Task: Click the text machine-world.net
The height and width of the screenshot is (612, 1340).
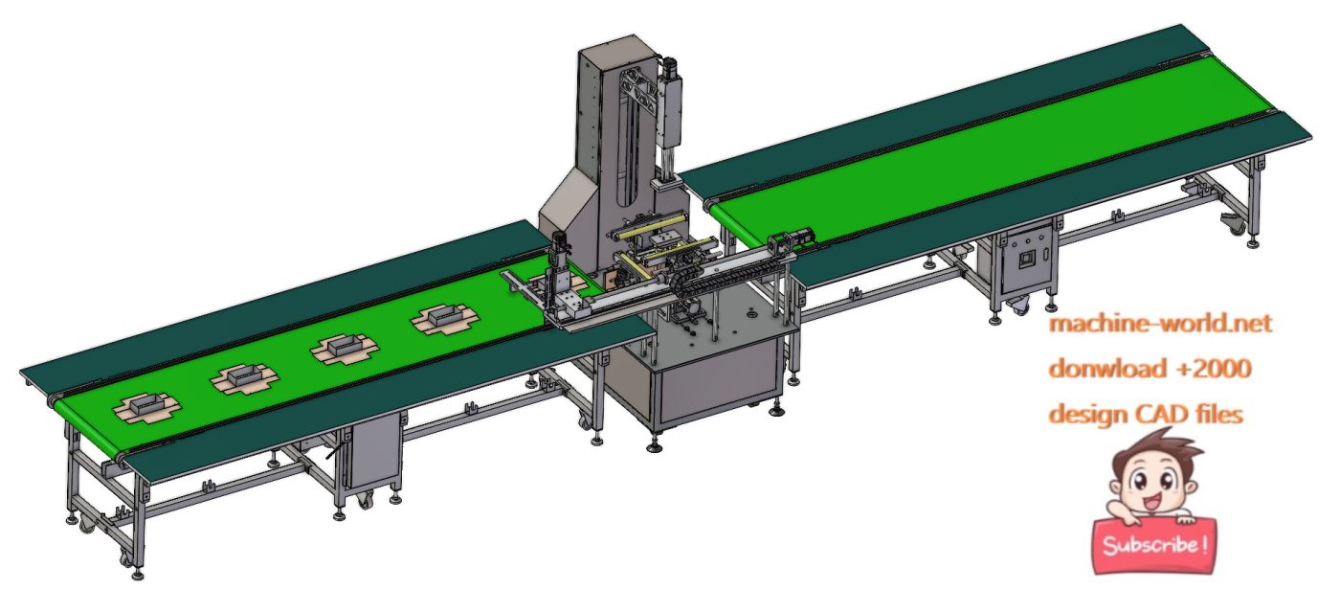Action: click(x=1160, y=324)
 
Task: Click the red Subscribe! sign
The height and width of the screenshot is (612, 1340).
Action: click(x=1153, y=546)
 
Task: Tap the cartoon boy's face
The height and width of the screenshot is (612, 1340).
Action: click(x=1149, y=483)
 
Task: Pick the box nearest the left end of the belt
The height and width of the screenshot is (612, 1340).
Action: click(x=146, y=409)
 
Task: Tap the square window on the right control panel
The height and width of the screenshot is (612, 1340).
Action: click(x=1028, y=260)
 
